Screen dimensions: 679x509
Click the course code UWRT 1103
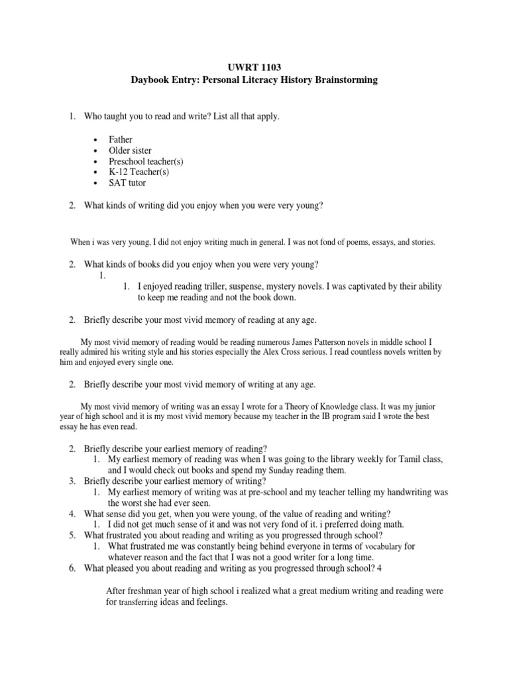(x=254, y=67)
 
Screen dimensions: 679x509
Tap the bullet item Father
(x=121, y=139)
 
